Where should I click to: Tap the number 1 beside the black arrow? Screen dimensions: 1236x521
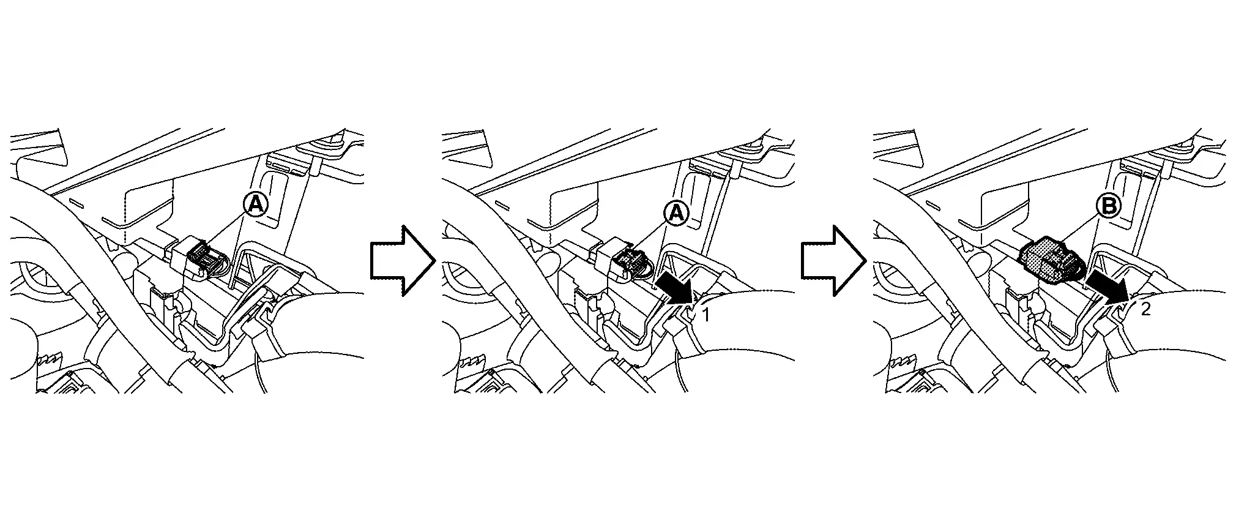click(x=705, y=315)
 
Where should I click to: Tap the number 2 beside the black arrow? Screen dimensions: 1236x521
click(x=1145, y=309)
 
